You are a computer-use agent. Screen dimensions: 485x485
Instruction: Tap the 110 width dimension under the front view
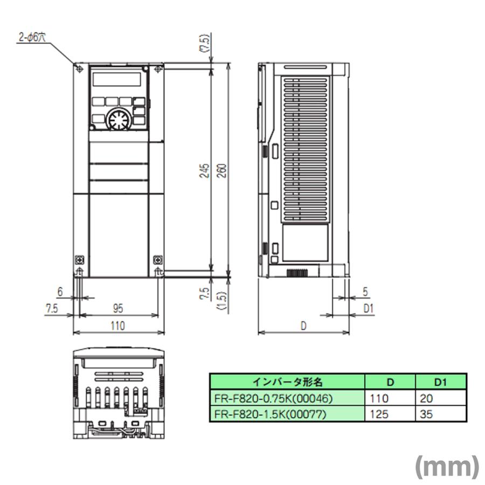[x=117, y=325]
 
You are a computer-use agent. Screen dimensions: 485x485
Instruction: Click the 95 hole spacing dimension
[x=118, y=308]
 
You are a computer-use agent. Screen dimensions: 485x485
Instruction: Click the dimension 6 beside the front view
[x=60, y=291]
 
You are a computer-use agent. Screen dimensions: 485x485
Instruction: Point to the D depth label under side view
[x=303, y=325]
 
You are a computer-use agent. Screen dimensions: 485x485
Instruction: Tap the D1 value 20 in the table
[x=425, y=399]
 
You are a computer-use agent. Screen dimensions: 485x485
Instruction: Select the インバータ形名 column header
[x=287, y=382]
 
